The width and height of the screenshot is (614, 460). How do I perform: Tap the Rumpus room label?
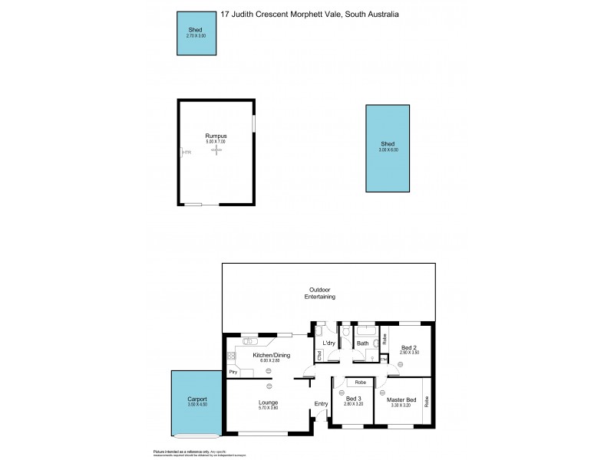(216, 136)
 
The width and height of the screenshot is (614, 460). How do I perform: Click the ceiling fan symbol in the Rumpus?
(217, 151)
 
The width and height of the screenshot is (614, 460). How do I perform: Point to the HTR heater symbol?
(185, 152)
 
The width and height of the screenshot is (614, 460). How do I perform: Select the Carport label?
(197, 399)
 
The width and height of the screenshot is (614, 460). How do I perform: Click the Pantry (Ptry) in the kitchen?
(233, 372)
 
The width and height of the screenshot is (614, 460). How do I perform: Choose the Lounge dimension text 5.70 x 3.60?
(268, 409)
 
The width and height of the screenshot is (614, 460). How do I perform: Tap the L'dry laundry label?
(328, 343)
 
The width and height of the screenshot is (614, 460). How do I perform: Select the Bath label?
(363, 343)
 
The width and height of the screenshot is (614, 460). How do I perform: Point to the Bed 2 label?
(408, 347)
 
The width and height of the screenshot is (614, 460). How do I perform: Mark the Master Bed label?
(401, 399)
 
